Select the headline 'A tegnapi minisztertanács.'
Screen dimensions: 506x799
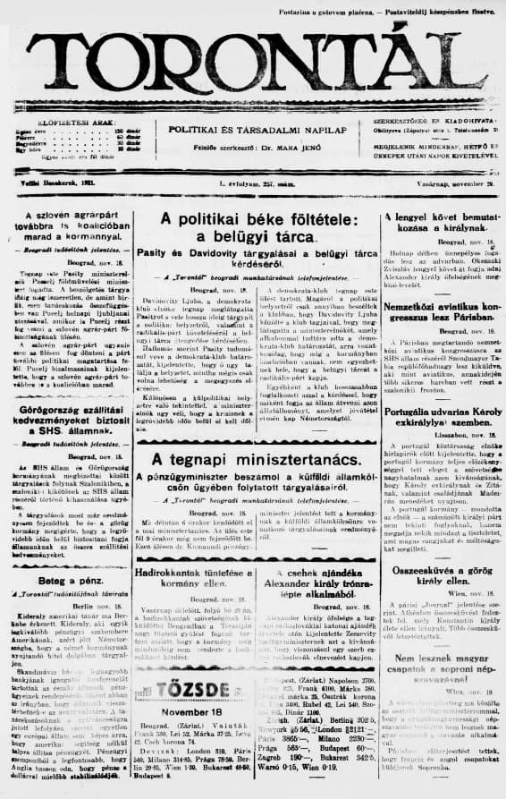253,459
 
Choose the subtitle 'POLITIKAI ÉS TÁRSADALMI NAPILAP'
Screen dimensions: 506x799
253,129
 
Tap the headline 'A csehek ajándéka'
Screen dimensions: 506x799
315,576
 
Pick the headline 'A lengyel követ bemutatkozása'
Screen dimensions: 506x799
440,223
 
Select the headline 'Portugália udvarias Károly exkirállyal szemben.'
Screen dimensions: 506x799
440,390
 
